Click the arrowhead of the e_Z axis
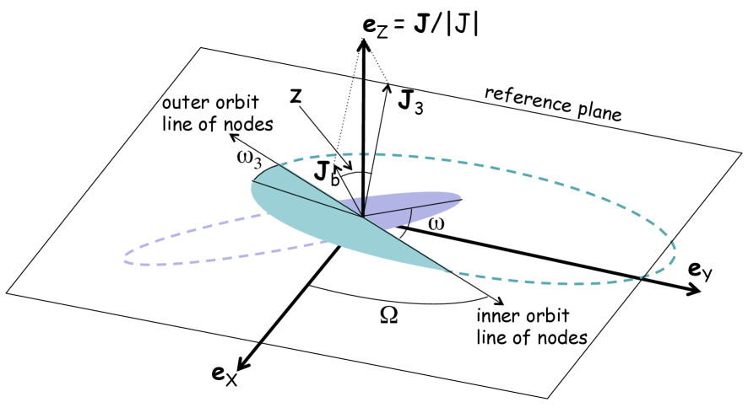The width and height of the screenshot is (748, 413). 363,47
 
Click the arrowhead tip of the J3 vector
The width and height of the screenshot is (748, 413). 389,85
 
